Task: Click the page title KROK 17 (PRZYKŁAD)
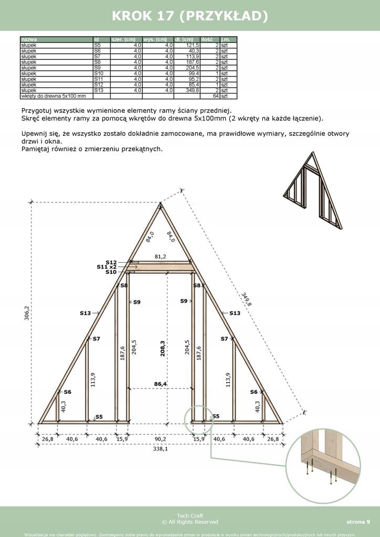point(190,16)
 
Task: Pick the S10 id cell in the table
point(99,73)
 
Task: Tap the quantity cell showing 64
point(215,96)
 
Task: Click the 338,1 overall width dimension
point(161,449)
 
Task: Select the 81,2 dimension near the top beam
point(161,256)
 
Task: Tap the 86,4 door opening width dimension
point(160,384)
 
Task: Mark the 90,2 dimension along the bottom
point(161,439)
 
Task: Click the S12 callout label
point(111,262)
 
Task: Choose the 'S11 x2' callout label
point(107,267)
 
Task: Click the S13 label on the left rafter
point(85,313)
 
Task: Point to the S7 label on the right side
point(224,339)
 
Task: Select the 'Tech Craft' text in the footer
point(189,516)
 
